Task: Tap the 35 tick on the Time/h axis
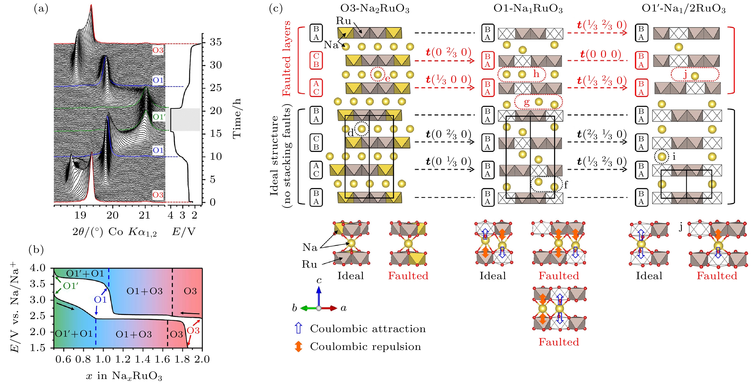(216, 42)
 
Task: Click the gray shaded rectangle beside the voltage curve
(185, 119)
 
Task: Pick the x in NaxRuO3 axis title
(124, 375)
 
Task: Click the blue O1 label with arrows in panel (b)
(100, 300)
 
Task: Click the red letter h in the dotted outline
(536, 73)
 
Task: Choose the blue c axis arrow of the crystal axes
(319, 296)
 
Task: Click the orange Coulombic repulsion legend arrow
(298, 347)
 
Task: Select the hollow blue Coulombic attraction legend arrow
(298, 328)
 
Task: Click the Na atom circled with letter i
(662, 157)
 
